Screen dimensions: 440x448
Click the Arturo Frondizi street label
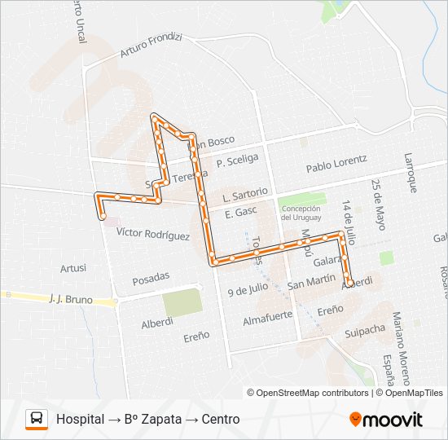[x=151, y=46]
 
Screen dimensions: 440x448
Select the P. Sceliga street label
[x=237, y=161]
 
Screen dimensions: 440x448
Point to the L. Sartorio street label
[x=244, y=195]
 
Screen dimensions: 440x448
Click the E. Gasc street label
[x=240, y=212]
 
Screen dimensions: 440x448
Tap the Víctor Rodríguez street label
[x=153, y=234]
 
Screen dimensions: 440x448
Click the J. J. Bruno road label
[x=70, y=300]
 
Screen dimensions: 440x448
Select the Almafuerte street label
[x=269, y=320]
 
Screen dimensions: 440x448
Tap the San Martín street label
[x=312, y=283]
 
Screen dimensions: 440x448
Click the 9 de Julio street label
[x=248, y=289]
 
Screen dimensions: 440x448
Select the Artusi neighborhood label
[x=73, y=267]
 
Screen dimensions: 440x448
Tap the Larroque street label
[x=411, y=173]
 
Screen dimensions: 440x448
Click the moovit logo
[x=386, y=420]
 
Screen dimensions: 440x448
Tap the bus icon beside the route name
[x=37, y=419]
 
